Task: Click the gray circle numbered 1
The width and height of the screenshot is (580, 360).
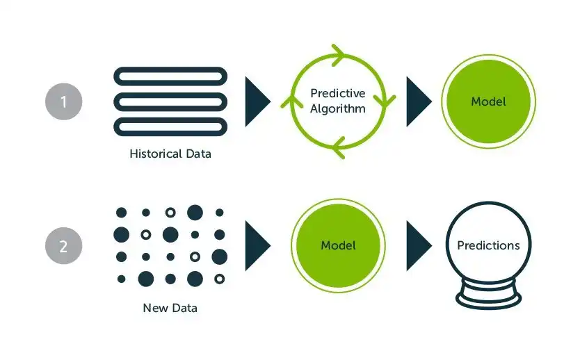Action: (63, 101)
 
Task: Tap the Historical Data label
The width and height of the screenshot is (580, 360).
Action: (170, 154)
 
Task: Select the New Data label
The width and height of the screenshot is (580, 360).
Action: (170, 307)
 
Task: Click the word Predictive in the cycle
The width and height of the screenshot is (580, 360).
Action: (338, 93)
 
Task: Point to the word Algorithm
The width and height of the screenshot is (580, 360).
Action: (338, 108)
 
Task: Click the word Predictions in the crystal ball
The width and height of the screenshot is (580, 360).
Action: (488, 245)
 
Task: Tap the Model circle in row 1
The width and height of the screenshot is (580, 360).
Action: (488, 101)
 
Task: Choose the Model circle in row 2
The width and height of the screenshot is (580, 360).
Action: (338, 245)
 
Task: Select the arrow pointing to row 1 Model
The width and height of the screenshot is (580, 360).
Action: (418, 101)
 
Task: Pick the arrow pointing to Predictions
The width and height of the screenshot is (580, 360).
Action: (418, 245)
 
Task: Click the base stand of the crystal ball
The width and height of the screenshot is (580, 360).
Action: (488, 297)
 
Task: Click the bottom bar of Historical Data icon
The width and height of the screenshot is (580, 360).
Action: (170, 127)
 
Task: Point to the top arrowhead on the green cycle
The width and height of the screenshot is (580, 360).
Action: (339, 54)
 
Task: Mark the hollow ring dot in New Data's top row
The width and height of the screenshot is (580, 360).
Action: (170, 212)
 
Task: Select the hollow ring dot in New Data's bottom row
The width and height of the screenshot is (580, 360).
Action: (220, 279)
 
